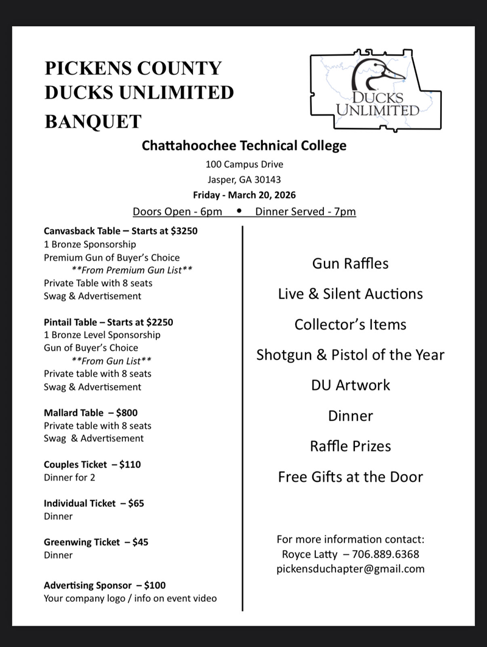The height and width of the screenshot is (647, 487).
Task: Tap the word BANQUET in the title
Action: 93,121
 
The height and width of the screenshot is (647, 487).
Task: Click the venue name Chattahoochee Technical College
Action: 243,146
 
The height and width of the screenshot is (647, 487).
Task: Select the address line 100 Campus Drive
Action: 244,164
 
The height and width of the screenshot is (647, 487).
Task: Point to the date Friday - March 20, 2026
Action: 244,195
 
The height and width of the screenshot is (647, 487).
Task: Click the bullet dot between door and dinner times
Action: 239,211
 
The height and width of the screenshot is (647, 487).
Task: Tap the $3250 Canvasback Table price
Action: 182,232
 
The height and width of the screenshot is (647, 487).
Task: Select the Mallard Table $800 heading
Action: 91,412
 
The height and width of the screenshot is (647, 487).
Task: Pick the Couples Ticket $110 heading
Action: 92,464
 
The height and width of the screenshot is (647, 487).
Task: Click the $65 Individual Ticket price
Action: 136,503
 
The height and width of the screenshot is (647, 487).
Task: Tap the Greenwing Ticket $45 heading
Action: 96,542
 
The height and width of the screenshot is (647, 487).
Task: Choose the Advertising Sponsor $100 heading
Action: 104,585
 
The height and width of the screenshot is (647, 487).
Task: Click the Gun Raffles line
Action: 350,263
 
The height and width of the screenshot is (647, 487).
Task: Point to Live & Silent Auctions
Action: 350,294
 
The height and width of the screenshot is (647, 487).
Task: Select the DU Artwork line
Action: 350,385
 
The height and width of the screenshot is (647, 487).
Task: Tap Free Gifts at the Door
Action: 350,476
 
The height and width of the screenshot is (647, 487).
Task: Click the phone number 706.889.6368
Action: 386,554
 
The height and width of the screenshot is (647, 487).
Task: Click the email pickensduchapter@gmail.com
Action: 350,569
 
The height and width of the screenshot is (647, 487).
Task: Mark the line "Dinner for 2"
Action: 69,478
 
